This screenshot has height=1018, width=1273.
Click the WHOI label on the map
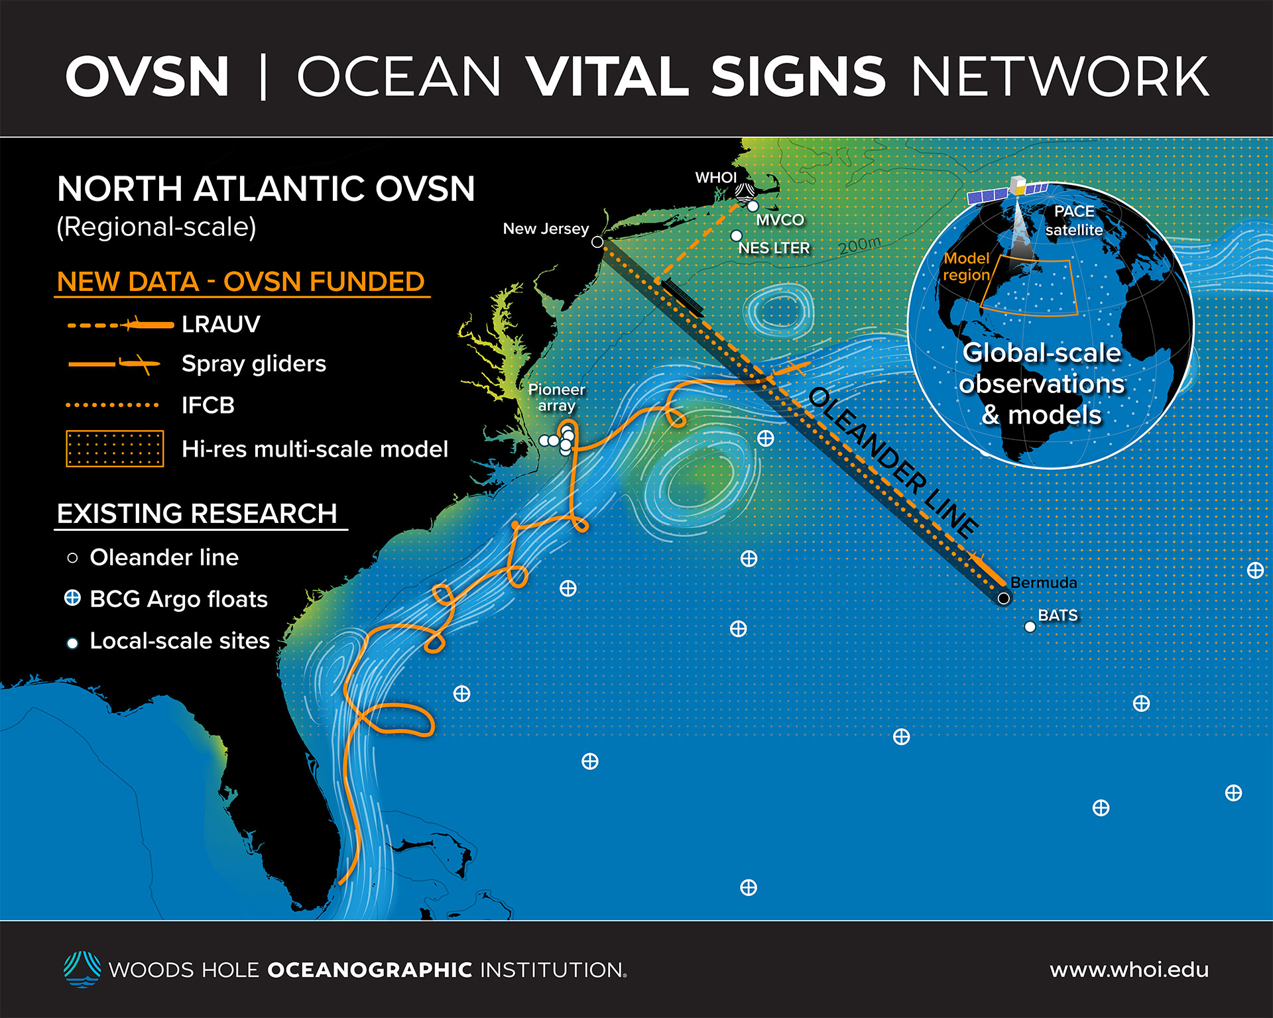715,178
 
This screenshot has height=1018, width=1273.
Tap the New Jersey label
546,229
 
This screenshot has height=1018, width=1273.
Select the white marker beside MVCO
753,206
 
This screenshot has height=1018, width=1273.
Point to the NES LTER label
774,248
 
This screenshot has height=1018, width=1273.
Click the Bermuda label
1044,583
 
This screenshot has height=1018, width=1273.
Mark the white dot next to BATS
1030,627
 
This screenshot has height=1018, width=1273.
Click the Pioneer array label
556,398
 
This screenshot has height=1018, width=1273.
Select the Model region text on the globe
967,266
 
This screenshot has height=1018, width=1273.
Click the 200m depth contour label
860,245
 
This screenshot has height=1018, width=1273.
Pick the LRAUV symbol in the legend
121,325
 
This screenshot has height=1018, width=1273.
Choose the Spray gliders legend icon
114,364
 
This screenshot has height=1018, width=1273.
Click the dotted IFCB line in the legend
113,405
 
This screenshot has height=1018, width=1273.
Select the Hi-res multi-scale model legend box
115,449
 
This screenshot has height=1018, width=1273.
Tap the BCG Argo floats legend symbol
72,598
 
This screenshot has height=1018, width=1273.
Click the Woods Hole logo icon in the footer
82,969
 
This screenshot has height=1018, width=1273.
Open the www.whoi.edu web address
1129,970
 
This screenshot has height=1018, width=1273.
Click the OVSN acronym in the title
147,77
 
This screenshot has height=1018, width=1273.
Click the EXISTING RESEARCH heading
197,514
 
